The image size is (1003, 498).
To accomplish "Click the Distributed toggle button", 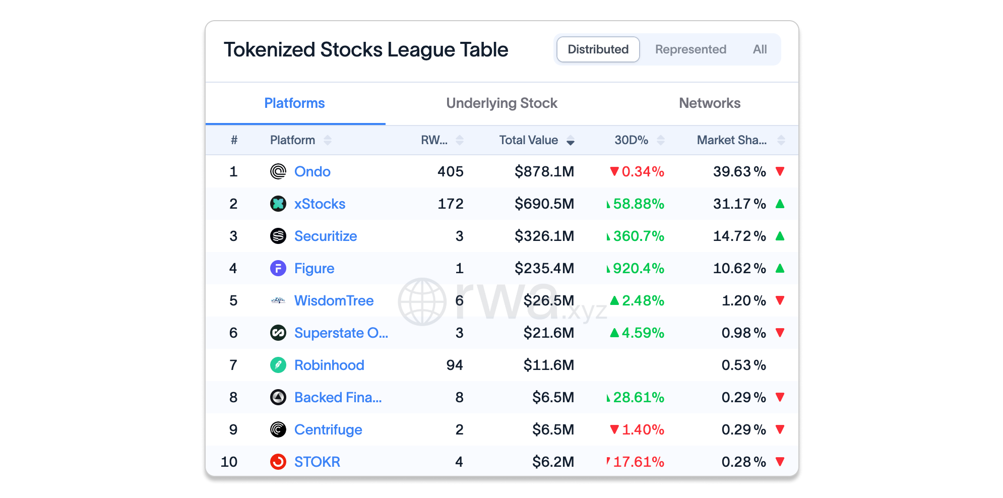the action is [598, 49].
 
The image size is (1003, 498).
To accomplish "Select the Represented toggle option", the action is [691, 49].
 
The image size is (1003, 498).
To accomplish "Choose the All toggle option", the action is [760, 49].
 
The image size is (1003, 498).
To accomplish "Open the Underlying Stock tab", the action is [501, 103].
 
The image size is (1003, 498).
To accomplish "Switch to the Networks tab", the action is [710, 103].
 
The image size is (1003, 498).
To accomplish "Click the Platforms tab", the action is [294, 103].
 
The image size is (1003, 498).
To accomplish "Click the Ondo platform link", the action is [312, 171].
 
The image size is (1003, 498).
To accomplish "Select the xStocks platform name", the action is [320, 204].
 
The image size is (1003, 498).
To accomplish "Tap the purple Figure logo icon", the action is [278, 268].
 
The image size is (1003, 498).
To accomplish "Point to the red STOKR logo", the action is [278, 462].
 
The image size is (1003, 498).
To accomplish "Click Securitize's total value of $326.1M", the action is [544, 236].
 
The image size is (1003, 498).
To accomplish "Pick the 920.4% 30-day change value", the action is [639, 268].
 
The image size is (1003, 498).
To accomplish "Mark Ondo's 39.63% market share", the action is [739, 171].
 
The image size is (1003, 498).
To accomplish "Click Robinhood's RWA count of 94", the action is [455, 365].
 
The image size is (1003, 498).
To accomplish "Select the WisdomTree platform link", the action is [334, 300].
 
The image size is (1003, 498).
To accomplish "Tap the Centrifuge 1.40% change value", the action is [643, 429].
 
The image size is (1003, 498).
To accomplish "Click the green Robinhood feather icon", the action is [278, 365].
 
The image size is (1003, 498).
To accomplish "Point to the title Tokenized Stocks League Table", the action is [366, 50].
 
